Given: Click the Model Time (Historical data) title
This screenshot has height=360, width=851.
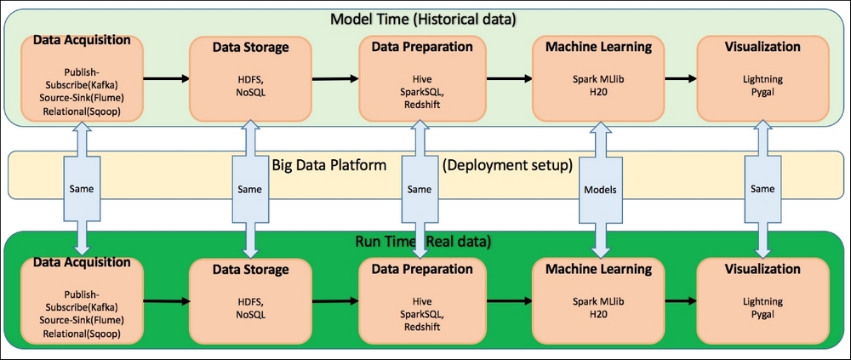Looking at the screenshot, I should tap(425, 19).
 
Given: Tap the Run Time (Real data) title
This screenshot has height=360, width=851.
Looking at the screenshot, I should tap(425, 241).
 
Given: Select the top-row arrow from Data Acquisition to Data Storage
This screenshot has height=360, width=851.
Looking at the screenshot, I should tap(166, 79).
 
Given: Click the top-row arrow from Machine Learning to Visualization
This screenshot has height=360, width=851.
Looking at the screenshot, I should tap(677, 79).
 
